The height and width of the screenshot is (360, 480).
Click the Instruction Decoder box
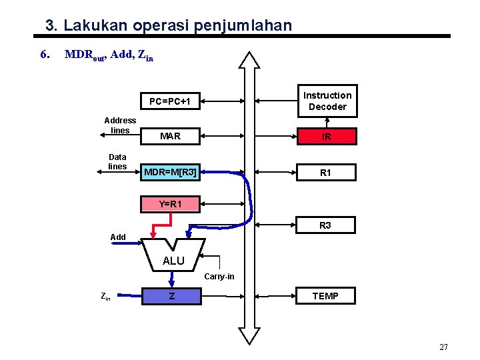[x=327, y=101]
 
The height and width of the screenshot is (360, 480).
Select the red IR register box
[x=327, y=137]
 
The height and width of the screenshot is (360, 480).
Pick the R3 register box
[x=325, y=225]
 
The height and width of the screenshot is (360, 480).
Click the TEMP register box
[x=325, y=296]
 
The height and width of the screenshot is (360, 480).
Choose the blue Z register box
[x=171, y=296]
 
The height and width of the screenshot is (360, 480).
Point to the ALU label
[x=173, y=261]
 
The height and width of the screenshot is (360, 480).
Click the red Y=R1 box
[x=170, y=204]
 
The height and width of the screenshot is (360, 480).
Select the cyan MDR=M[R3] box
[x=170, y=173]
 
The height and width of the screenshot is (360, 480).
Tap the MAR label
[x=170, y=137]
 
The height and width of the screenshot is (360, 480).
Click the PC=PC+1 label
[x=170, y=102]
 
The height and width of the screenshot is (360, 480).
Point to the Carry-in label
[x=219, y=276]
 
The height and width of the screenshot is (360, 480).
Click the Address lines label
[x=120, y=125]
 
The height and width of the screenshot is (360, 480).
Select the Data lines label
[x=117, y=161]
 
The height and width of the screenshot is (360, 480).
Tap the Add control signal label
[x=118, y=237]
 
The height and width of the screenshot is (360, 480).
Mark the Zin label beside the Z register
[x=105, y=297]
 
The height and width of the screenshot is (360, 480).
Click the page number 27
[x=444, y=347]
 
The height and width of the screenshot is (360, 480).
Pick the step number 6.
[x=44, y=54]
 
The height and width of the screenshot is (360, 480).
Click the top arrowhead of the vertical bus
[x=250, y=58]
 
